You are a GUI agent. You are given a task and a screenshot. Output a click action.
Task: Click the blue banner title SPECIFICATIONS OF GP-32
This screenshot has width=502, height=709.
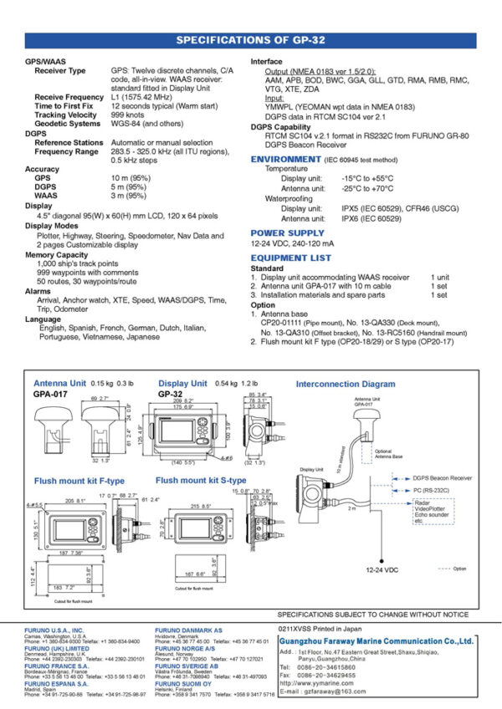[x=251, y=39]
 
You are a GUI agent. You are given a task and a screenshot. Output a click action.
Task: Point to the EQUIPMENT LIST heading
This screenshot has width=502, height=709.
[x=290, y=258]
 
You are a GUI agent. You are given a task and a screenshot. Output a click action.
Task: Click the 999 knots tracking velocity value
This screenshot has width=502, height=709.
[x=129, y=115]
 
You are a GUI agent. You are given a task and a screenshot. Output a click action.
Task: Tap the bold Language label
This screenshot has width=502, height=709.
[x=43, y=319]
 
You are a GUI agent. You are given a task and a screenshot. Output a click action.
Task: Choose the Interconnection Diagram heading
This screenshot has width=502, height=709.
[x=346, y=384]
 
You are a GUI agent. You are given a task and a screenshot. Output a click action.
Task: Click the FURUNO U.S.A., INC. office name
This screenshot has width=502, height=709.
[x=54, y=629]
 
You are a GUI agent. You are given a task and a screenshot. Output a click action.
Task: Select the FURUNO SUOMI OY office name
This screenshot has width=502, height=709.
[x=187, y=683]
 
